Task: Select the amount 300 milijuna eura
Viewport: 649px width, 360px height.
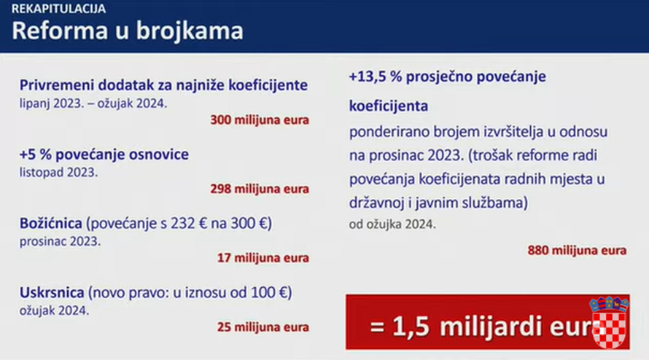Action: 260,119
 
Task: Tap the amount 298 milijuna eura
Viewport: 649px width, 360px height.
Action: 260,189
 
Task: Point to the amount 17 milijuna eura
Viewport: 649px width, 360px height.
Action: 263,257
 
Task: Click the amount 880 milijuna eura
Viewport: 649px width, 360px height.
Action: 577,251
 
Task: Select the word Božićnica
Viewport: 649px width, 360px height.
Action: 53,222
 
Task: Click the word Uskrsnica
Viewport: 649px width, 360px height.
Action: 53,293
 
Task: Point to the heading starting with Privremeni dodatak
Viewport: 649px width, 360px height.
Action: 164,85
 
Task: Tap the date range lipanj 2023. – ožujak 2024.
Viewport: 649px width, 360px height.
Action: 93,103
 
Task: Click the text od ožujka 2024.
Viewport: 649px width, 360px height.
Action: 392,224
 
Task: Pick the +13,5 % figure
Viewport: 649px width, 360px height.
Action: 379,77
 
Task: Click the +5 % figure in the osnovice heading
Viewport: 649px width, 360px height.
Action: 38,154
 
